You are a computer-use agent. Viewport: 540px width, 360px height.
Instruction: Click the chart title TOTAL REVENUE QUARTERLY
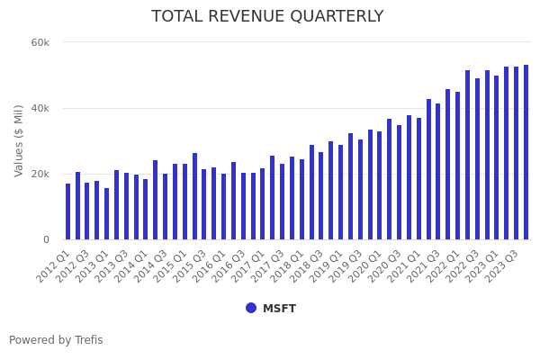coord(267,16)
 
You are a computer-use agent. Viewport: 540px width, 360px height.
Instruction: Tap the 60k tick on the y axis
coord(40,42)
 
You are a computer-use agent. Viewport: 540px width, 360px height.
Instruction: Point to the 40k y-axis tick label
coord(40,108)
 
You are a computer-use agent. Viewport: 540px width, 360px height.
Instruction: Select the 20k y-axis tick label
coord(40,174)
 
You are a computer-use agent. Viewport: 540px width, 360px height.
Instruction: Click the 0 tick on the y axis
coord(46,239)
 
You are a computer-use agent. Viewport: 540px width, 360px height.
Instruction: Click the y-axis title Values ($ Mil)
coord(19,140)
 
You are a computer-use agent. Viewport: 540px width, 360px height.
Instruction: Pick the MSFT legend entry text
coord(279,309)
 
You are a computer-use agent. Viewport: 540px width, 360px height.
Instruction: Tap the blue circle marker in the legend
coord(251,308)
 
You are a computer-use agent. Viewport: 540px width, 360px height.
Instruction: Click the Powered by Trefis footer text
coord(56,340)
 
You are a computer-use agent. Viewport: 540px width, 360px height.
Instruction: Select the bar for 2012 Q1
coord(67,211)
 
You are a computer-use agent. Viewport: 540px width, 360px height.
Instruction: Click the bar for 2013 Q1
coord(106,214)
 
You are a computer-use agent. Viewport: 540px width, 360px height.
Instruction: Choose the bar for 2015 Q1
coord(184,202)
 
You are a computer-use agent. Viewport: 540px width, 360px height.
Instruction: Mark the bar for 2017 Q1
coord(262,204)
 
